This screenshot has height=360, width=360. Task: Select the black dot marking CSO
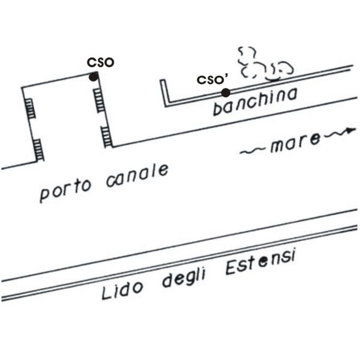(94, 76)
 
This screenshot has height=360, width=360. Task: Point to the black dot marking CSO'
(225, 92)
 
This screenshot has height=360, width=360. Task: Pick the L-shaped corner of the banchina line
(166, 104)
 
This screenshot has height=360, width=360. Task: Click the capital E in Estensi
(231, 270)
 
